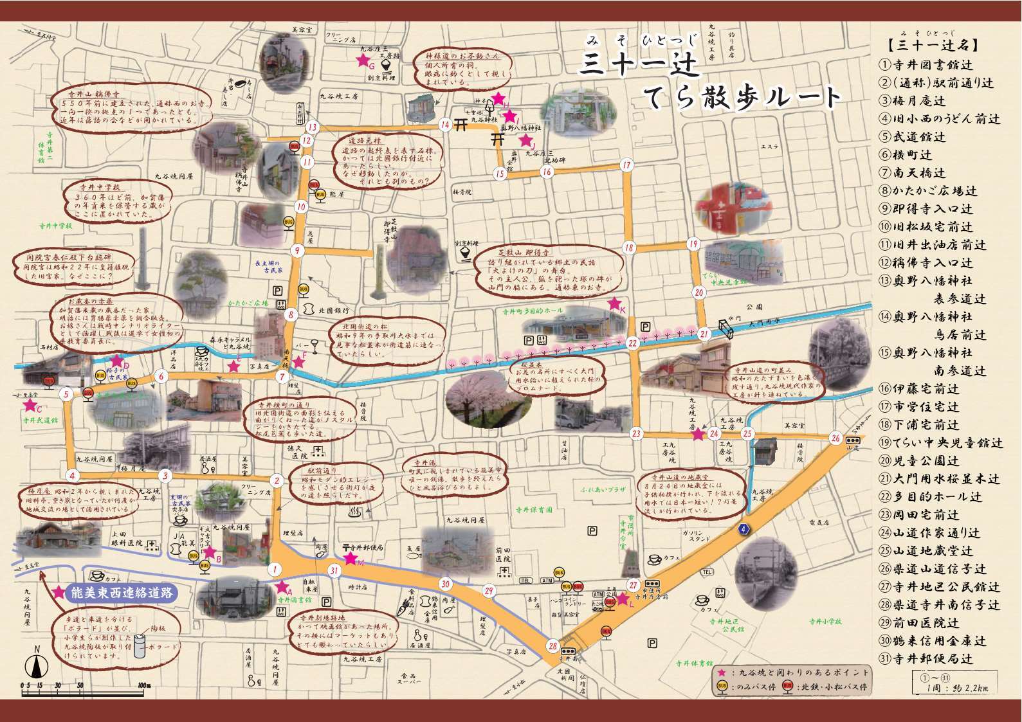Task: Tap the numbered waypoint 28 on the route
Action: point(553,646)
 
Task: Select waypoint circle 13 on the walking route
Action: point(312,127)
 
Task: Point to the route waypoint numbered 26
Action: point(835,438)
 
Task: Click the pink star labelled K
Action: point(615,303)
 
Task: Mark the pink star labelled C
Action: point(29,406)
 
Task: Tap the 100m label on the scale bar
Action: point(143,685)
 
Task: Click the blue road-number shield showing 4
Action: point(744,529)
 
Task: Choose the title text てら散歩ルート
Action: point(743,96)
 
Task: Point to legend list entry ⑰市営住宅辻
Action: point(919,407)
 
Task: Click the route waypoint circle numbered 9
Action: point(297,251)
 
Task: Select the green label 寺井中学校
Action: point(55,226)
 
